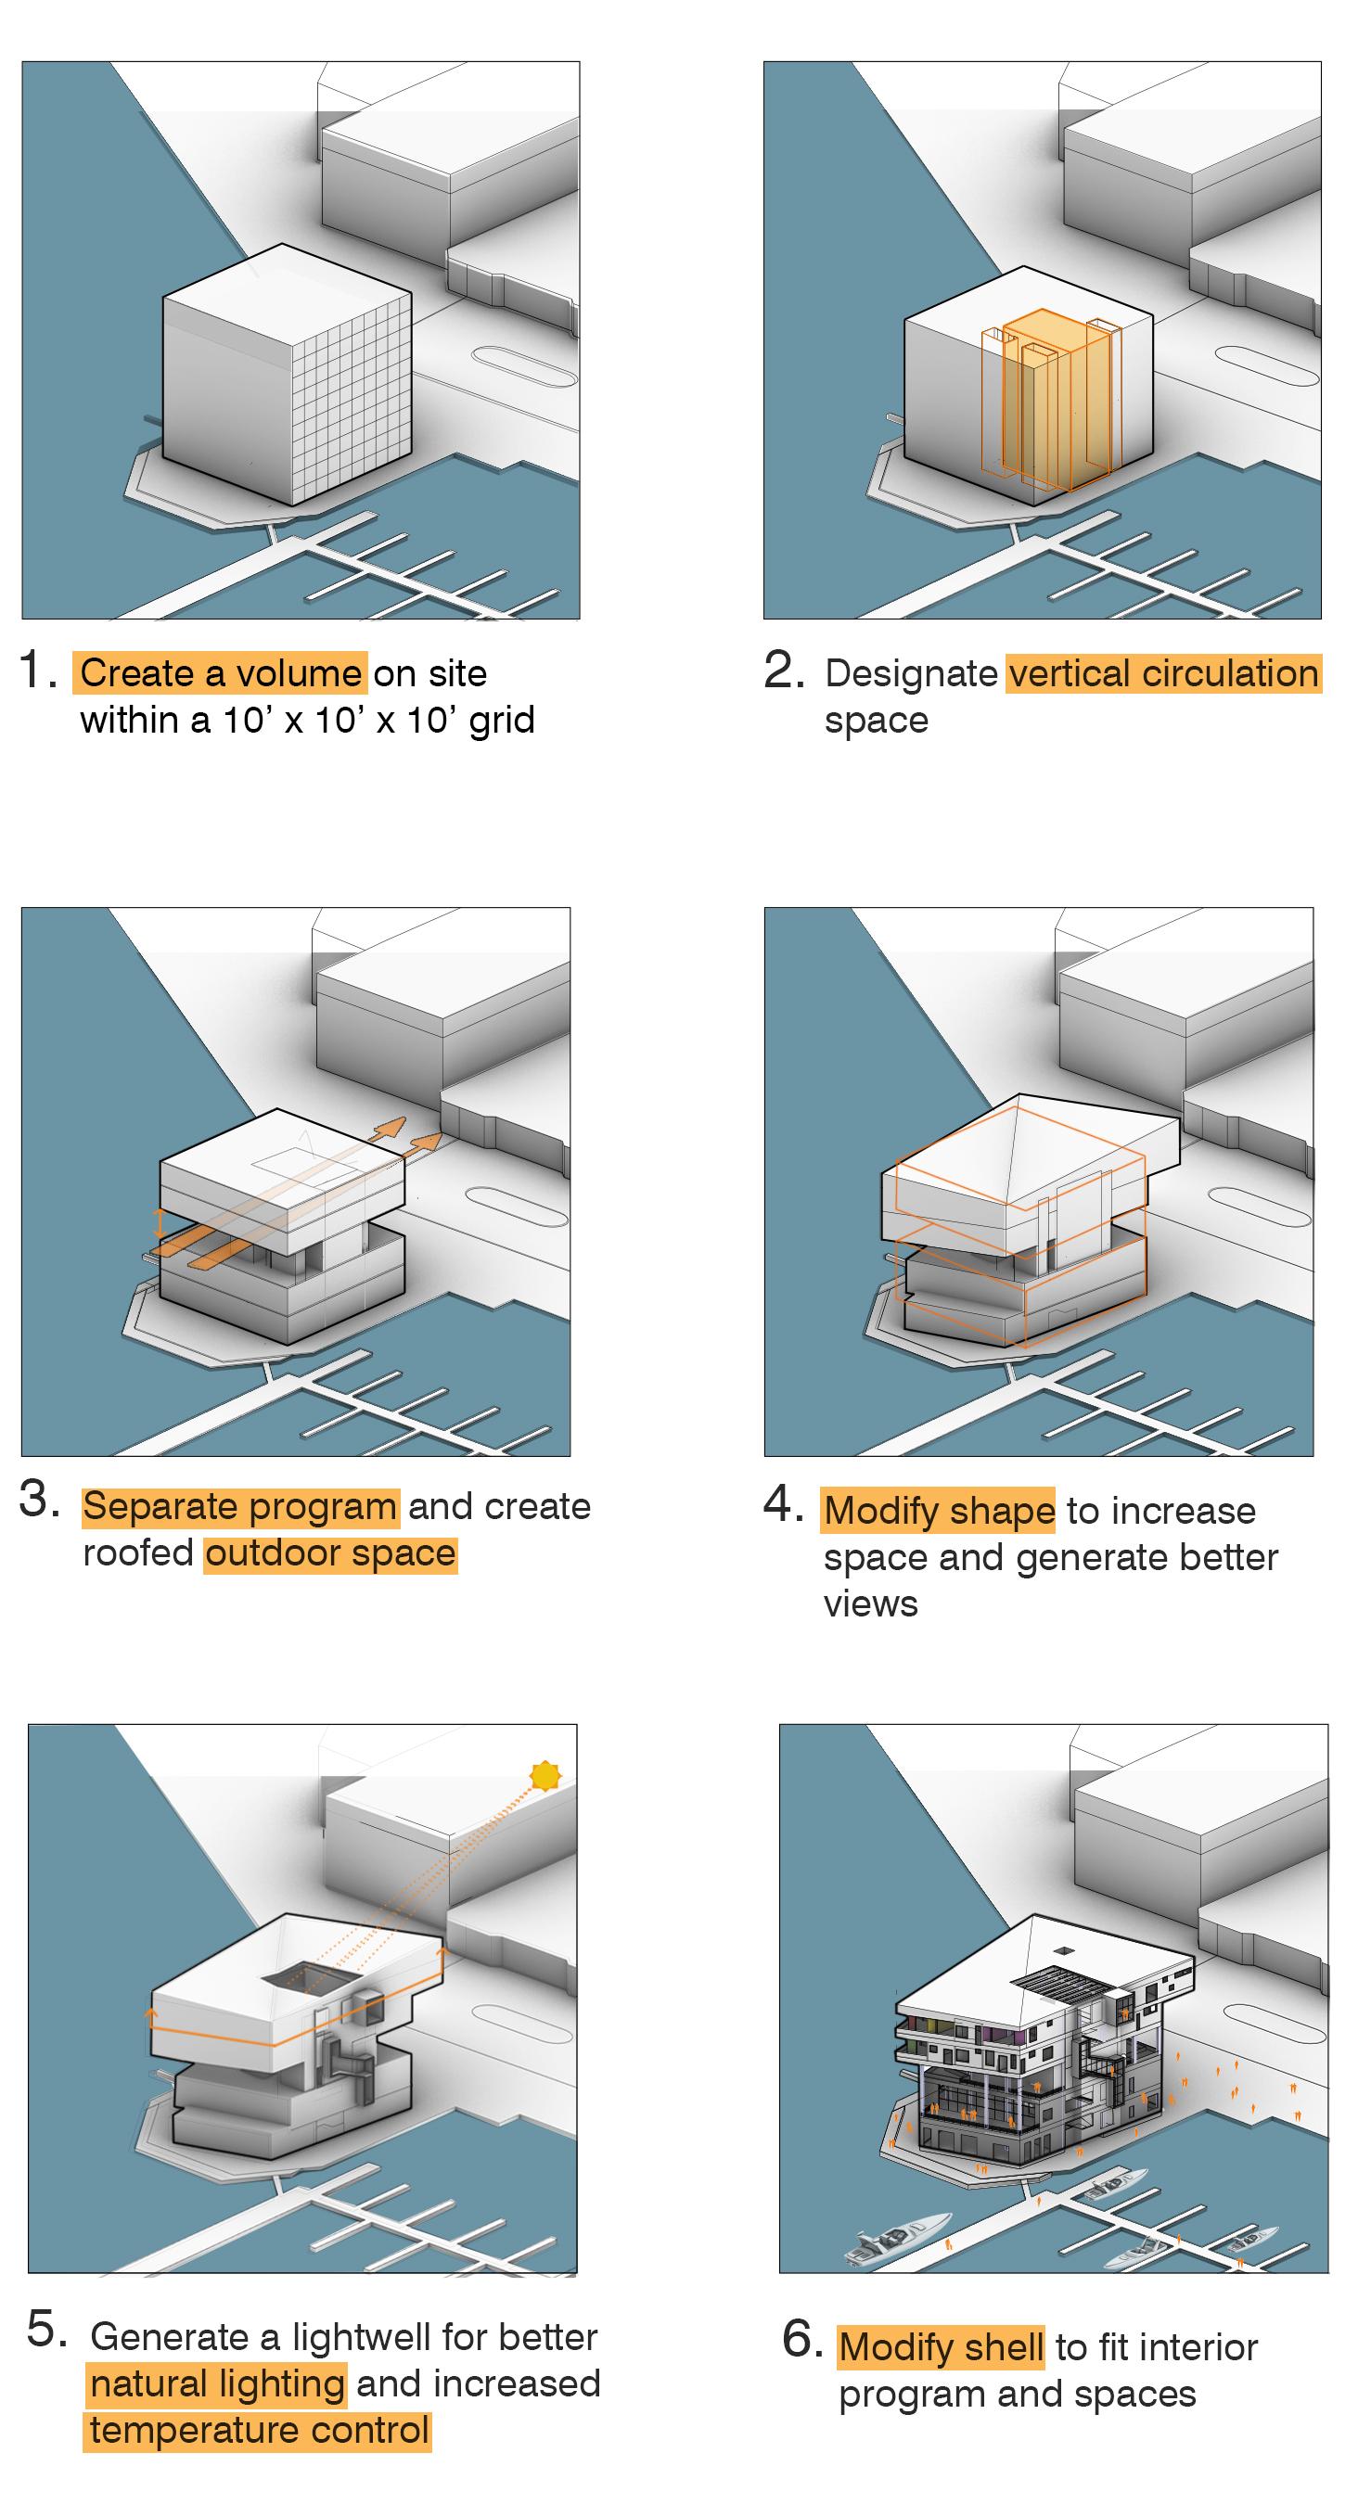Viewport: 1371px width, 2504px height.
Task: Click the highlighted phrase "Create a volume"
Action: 220,672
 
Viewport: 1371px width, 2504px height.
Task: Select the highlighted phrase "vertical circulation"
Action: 1164,672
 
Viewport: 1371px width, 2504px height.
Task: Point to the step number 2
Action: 784,671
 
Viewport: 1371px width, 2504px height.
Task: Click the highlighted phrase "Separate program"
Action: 240,1506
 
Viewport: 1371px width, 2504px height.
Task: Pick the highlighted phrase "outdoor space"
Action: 330,1552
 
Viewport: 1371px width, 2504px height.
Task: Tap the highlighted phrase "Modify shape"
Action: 939,1511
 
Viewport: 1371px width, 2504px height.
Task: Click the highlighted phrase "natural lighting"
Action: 218,2383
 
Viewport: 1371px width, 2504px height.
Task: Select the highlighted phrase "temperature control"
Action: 259,2429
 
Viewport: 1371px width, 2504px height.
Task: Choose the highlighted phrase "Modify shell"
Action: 942,2346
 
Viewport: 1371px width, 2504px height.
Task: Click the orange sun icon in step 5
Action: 545,1776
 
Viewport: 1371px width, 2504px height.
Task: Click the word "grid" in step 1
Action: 502,720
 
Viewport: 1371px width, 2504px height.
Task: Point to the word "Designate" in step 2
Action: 911,672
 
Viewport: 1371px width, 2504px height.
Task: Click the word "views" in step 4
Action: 870,1603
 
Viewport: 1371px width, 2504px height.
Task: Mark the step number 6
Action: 802,2339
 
